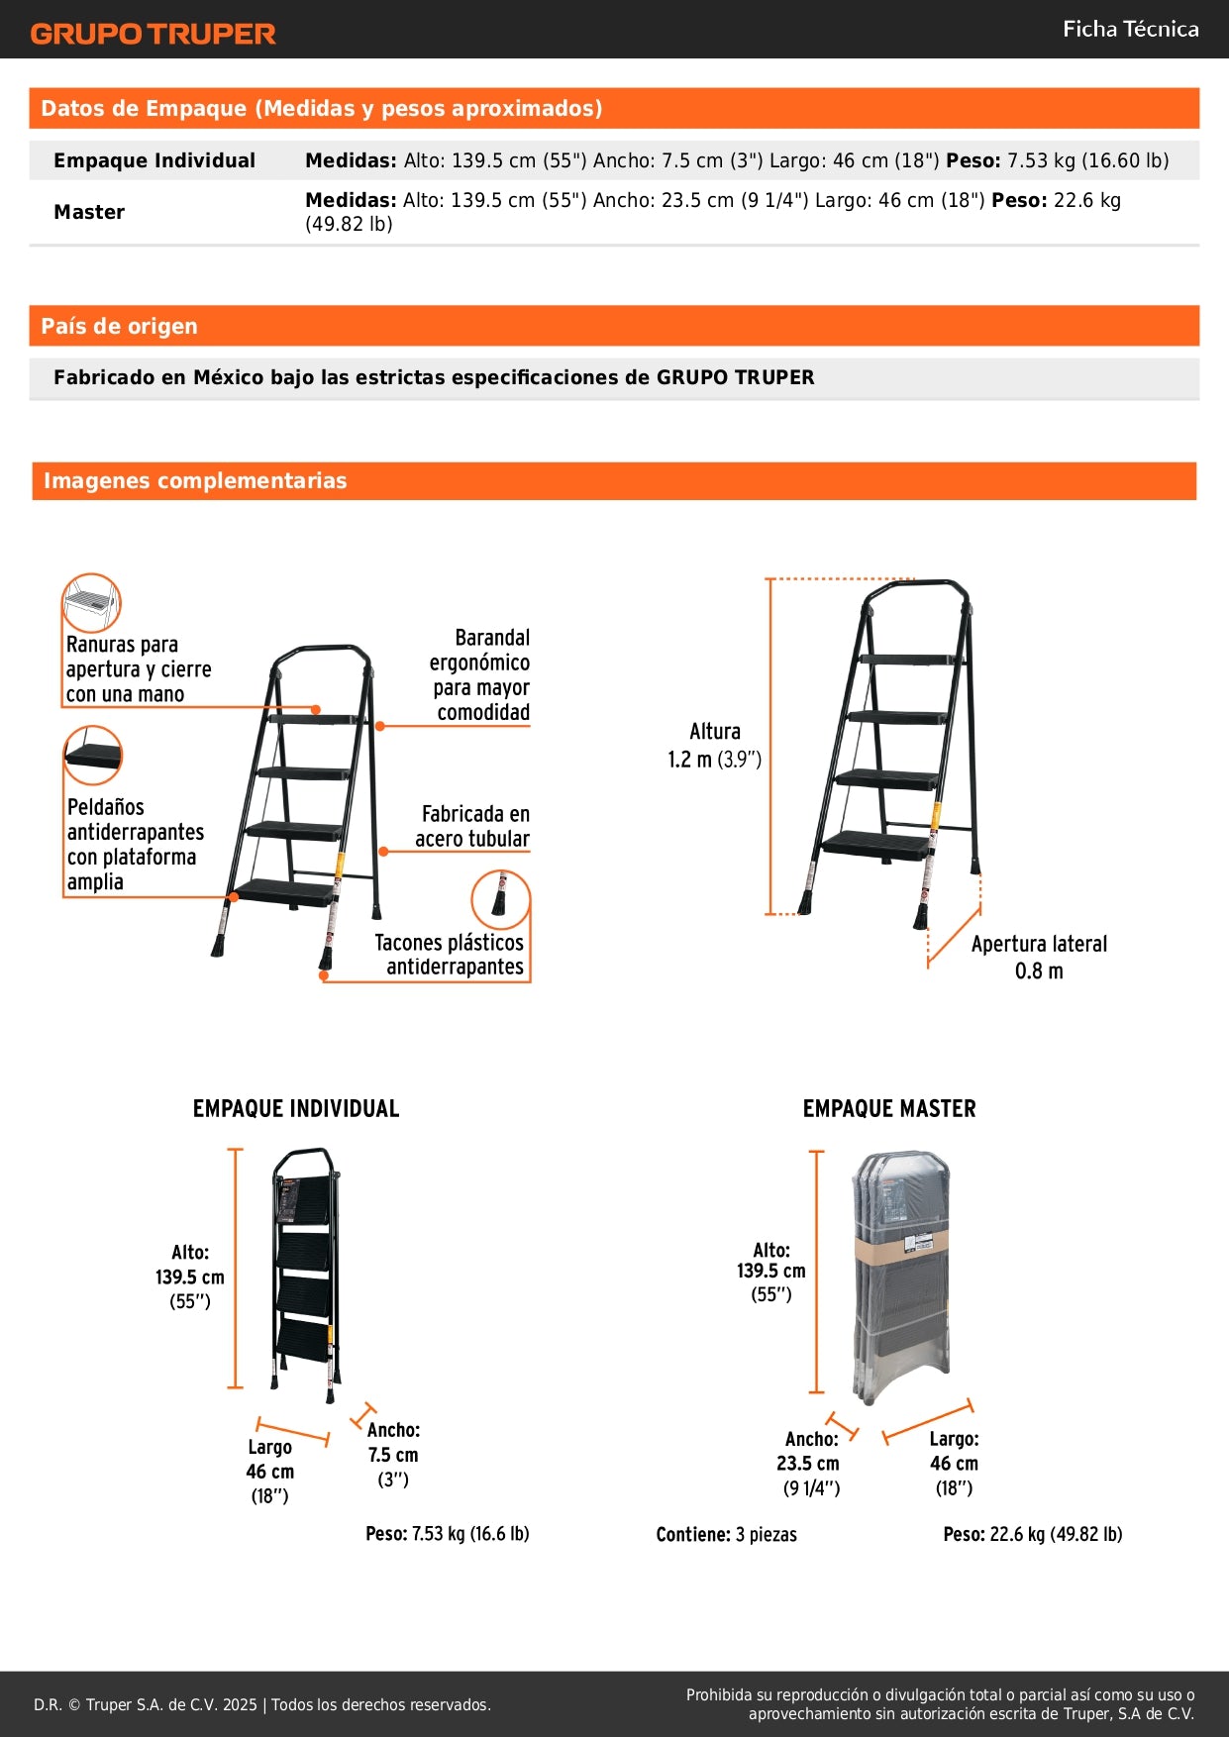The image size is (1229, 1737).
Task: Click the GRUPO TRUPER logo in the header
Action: [153, 34]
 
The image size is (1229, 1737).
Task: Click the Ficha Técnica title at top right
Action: [1130, 30]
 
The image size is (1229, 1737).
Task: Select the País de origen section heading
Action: [119, 326]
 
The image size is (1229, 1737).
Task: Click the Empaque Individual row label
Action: [154, 160]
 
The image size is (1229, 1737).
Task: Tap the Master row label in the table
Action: [89, 212]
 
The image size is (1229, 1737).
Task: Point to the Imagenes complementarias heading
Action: [195, 480]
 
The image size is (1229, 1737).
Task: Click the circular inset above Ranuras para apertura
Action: [91, 602]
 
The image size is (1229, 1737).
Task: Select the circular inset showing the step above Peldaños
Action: [92, 755]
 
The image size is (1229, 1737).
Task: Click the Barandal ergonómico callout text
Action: [480, 674]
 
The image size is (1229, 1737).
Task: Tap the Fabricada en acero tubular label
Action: [474, 826]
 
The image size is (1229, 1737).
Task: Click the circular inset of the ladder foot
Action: [500, 899]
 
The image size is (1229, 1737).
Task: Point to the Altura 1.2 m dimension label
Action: [714, 745]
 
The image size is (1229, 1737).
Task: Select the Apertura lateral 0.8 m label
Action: [1039, 957]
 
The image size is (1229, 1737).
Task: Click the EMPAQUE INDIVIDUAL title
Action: [295, 1108]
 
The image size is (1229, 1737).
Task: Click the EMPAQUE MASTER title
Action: [888, 1108]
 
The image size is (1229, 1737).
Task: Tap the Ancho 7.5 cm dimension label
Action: [393, 1454]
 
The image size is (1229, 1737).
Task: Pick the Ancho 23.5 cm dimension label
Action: [809, 1463]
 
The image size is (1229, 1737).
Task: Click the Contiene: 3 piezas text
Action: [726, 1534]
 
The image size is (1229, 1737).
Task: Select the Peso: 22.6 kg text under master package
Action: [1032, 1533]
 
